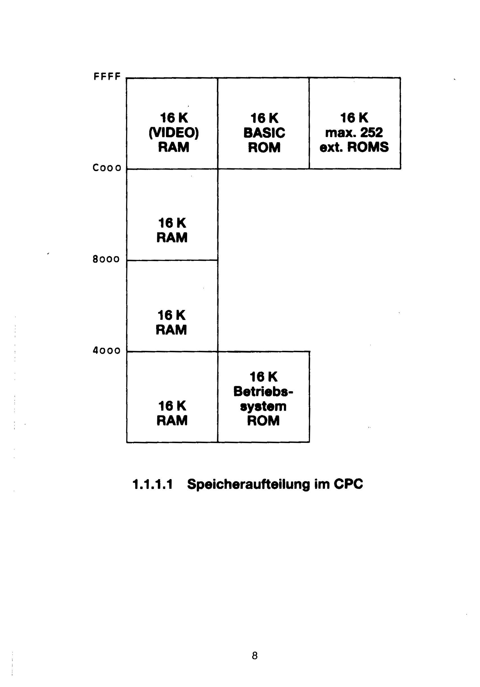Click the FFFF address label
click(x=107, y=77)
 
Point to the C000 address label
click(x=107, y=168)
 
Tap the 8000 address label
click(x=106, y=259)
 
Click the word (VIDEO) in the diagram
click(x=174, y=133)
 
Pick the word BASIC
click(x=264, y=133)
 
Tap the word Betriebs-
click(x=263, y=391)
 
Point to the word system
click(x=263, y=406)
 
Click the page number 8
click(x=254, y=655)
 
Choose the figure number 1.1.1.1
click(x=152, y=484)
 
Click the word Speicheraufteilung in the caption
click(x=248, y=484)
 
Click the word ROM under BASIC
click(x=264, y=147)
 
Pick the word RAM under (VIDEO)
click(x=174, y=147)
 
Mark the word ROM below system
click(x=263, y=420)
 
